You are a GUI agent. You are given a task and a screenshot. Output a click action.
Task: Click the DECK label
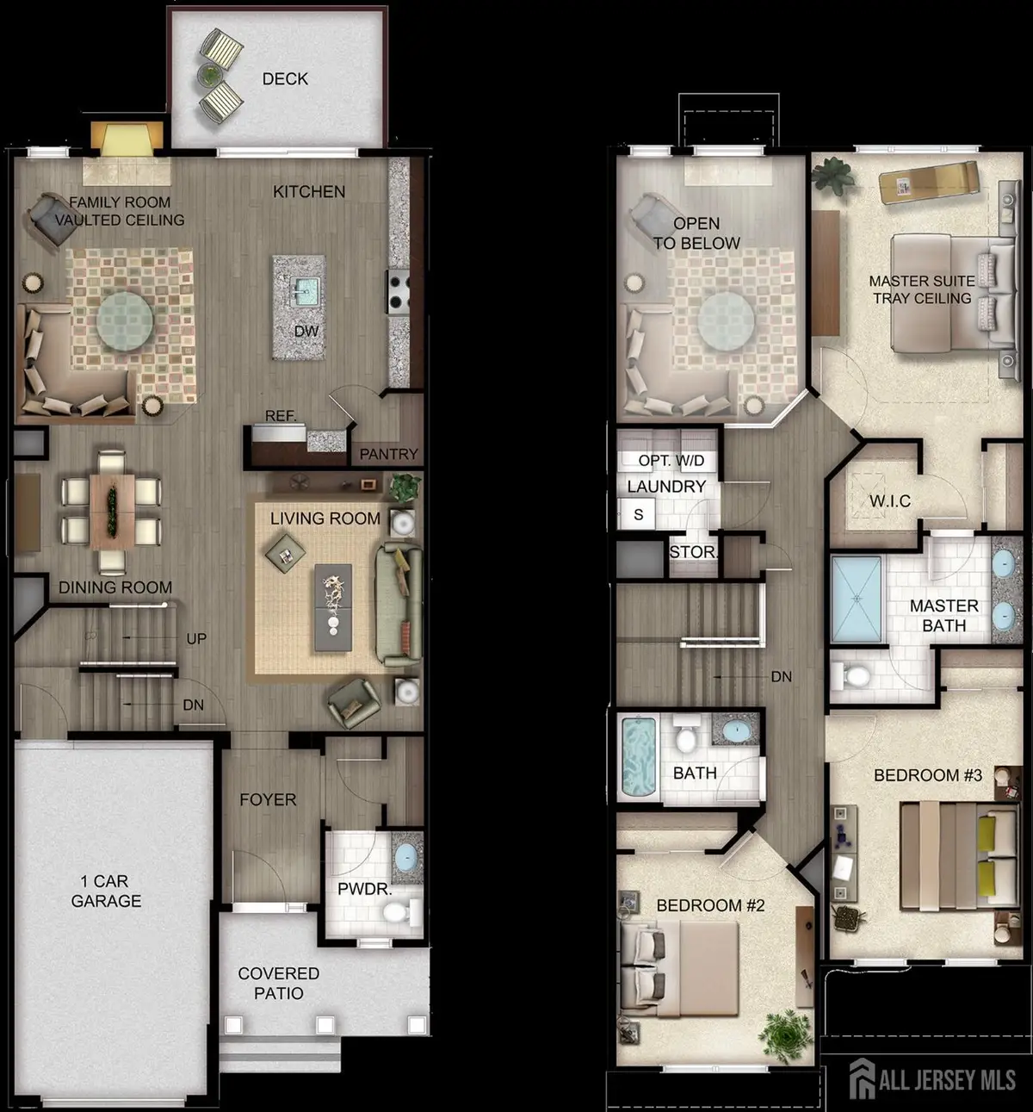pyautogui.click(x=285, y=79)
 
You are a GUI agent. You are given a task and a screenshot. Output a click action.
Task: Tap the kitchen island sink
pyautogui.click(x=302, y=290)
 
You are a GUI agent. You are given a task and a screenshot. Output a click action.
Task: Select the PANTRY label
pyautogui.click(x=388, y=454)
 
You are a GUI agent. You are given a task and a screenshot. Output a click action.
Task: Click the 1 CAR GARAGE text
pyautogui.click(x=106, y=891)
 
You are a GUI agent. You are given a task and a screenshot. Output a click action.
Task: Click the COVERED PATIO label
pyautogui.click(x=278, y=983)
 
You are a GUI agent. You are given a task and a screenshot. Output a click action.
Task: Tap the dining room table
pyautogui.click(x=110, y=511)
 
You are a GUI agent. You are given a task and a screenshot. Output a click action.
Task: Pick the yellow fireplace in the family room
pyautogui.click(x=127, y=139)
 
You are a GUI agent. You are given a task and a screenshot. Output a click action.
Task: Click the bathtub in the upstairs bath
pyautogui.click(x=639, y=757)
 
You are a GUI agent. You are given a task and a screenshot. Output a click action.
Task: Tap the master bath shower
pyautogui.click(x=857, y=599)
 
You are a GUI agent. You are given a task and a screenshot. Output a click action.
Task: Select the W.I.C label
pyautogui.click(x=889, y=500)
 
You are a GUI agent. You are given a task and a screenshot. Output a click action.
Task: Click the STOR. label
pyautogui.click(x=692, y=551)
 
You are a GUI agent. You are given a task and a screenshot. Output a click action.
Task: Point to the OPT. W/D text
pyautogui.click(x=671, y=461)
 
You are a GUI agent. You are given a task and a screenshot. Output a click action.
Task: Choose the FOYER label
pyautogui.click(x=268, y=799)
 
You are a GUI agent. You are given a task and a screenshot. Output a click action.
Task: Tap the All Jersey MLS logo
pyautogui.click(x=931, y=1079)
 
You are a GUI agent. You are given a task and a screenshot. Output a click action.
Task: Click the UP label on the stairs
pyautogui.click(x=196, y=639)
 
